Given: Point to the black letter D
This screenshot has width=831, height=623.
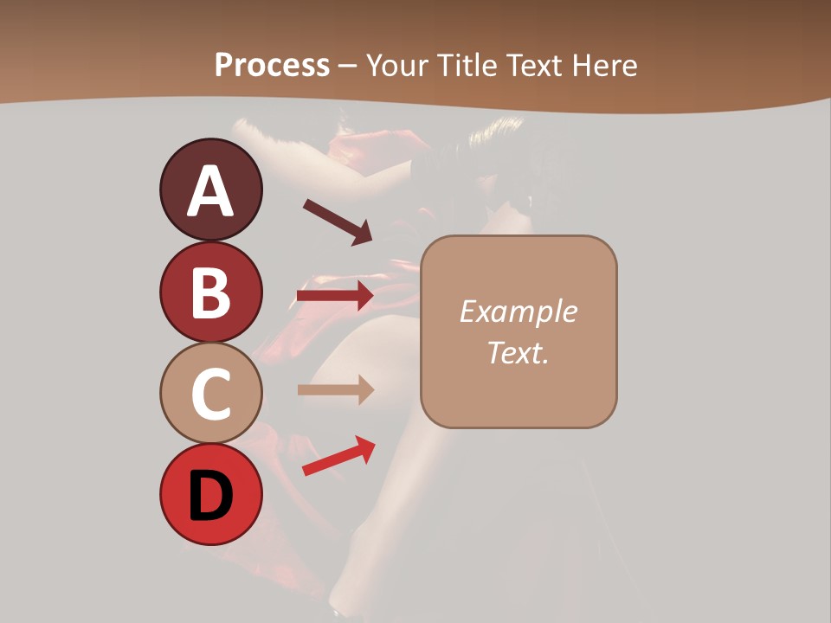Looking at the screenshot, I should [x=210, y=496].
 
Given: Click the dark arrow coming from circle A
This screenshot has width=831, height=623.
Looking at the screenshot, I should [x=336, y=222].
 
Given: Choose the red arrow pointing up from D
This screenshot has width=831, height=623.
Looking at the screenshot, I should [x=338, y=456].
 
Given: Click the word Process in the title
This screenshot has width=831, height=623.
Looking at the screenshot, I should [x=272, y=65].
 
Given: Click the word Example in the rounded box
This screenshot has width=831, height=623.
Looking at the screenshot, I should [x=518, y=311].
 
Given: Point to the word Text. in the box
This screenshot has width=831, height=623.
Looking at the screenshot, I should [x=518, y=352].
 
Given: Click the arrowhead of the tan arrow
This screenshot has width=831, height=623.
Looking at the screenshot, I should [x=364, y=390].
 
